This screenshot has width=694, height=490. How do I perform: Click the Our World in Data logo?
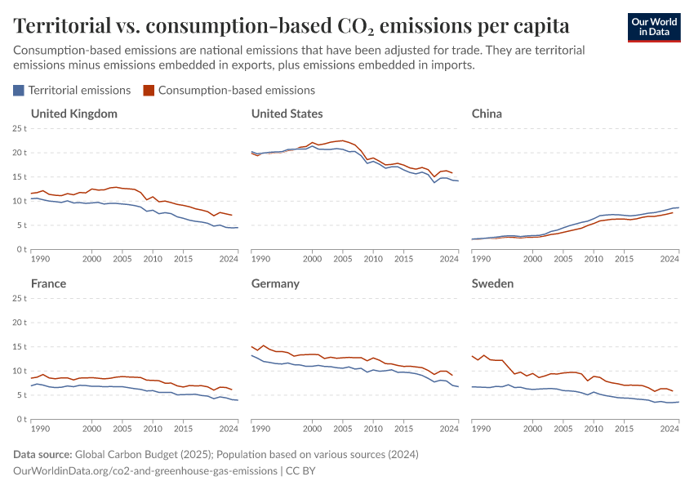coord(653,27)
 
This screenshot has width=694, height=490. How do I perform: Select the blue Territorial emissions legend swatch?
coord(20,91)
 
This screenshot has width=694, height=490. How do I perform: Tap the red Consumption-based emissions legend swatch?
coord(148,91)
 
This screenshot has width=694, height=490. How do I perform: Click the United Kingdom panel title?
coord(73,114)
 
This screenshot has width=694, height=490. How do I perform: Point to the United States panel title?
coord(287,114)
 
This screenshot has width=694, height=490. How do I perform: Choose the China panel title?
coord(487,114)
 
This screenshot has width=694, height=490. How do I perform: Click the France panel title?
coord(48,283)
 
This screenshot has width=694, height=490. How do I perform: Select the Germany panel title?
coord(275,283)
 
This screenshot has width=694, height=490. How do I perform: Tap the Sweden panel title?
coord(492,283)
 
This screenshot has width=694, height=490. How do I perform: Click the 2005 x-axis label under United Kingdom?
coord(122,258)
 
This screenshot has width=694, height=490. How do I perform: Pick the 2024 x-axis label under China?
coord(670,258)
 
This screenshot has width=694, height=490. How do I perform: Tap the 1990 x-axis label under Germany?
coord(260,428)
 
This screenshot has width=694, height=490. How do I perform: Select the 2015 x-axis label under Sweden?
coord(625,428)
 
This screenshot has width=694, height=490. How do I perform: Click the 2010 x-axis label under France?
coord(153,428)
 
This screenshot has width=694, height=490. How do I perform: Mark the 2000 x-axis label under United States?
coord(312,258)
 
